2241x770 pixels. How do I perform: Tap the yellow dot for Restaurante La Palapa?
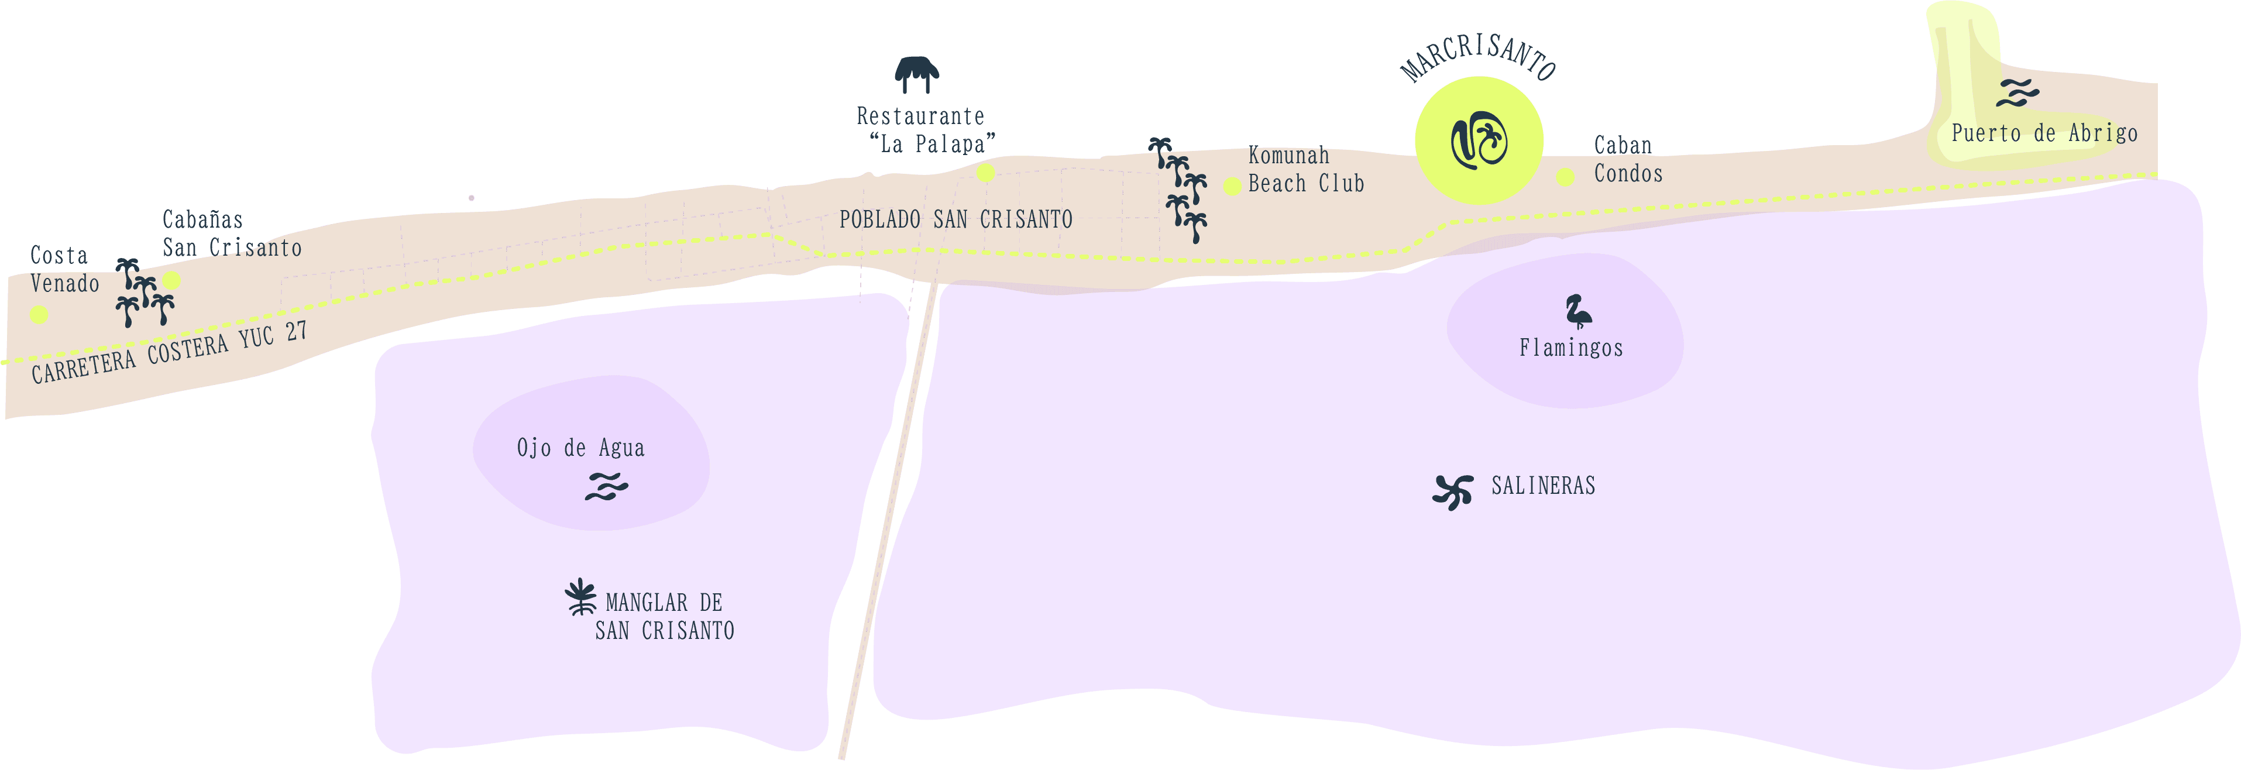click(986, 173)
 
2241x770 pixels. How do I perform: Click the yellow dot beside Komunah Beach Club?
click(1232, 185)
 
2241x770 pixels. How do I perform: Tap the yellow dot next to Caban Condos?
click(1565, 177)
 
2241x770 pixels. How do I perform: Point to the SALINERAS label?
click(1544, 486)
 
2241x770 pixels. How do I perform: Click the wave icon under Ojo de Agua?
click(606, 486)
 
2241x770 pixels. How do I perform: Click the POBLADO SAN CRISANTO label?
click(955, 219)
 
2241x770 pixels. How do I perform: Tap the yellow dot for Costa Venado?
click(39, 314)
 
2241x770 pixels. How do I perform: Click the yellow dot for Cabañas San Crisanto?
click(171, 280)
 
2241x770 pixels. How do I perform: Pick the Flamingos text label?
click(1570, 348)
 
